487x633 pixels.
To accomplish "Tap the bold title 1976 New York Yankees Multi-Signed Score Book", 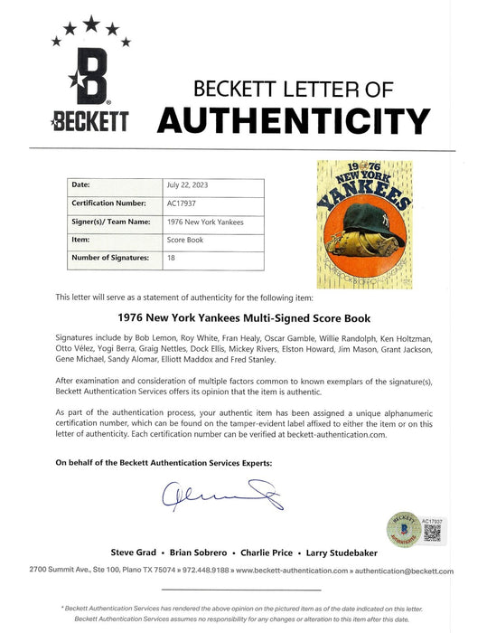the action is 243,317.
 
